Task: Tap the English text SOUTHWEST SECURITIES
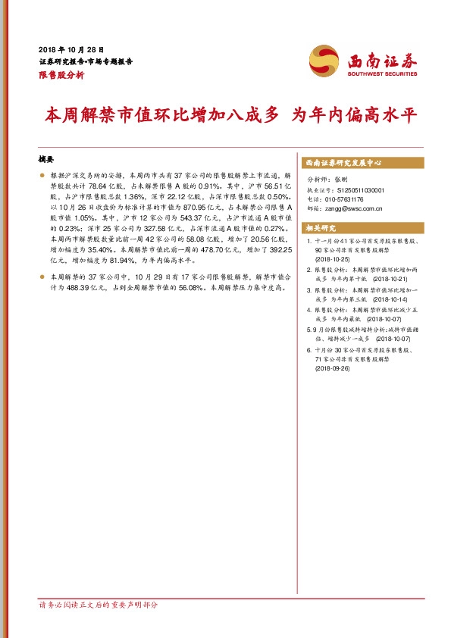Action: [x=382, y=74]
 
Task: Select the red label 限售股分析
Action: [x=61, y=75]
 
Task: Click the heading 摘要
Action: [x=47, y=160]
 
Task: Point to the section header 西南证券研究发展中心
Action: [x=343, y=163]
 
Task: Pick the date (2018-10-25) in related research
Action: [x=332, y=258]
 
